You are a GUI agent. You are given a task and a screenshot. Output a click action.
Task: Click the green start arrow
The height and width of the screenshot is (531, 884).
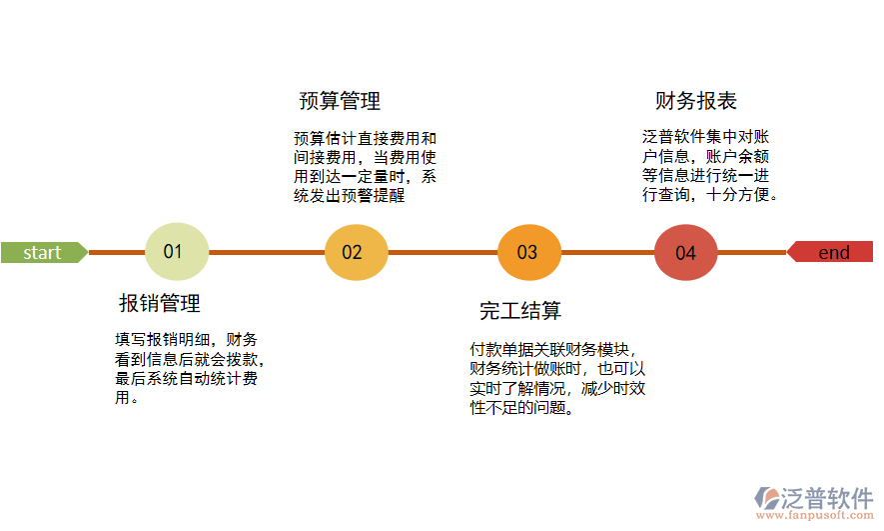point(43,252)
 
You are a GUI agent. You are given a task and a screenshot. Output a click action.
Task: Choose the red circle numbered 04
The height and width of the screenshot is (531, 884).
point(685,252)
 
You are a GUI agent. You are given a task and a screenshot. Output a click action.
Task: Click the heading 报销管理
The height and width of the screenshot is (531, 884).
point(160,303)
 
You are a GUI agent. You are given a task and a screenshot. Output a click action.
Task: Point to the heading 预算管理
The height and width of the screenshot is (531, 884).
point(340,101)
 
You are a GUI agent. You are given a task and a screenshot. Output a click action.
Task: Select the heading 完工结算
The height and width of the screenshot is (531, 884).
point(520,310)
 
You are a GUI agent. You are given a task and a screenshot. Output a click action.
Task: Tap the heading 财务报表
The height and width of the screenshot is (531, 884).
point(696,101)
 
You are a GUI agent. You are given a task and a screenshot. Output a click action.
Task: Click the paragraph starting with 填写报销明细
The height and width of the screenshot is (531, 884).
point(190,368)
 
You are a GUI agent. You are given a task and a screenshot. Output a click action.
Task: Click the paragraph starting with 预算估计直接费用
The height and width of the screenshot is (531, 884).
point(365,167)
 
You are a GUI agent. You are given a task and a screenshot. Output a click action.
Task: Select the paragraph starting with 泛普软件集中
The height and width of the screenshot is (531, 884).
point(709,165)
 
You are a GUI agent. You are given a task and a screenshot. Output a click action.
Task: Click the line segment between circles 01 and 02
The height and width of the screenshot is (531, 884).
point(266,252)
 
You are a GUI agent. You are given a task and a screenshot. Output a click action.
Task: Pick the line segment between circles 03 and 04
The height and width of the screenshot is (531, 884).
point(607,252)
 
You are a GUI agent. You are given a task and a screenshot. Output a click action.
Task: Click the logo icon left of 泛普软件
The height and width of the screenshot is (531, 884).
point(767,498)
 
